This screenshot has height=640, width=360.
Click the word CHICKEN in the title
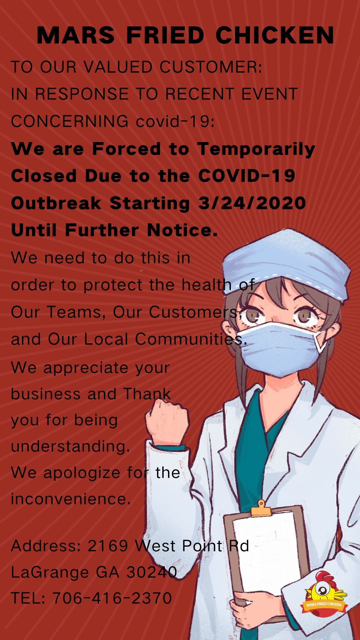275,35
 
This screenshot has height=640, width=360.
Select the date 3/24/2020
252,203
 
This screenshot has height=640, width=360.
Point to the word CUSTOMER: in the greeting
211,67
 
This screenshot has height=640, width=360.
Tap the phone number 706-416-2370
112,598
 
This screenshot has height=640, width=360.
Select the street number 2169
108,546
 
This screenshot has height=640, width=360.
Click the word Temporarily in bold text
256,149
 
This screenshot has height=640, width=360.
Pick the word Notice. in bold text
182,230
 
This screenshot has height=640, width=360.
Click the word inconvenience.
71,499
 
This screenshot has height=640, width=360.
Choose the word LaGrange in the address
50,573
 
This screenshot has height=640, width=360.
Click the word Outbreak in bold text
56,203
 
